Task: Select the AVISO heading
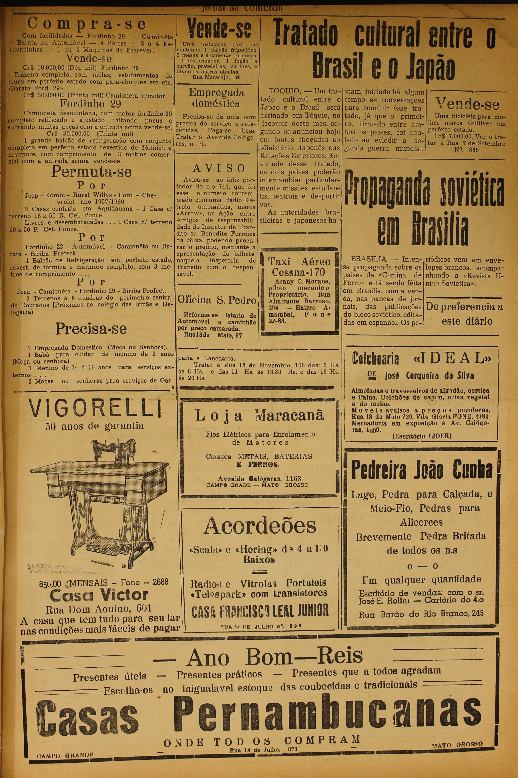point(219,168)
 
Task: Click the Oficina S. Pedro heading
point(217,300)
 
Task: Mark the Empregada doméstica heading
point(217,98)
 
